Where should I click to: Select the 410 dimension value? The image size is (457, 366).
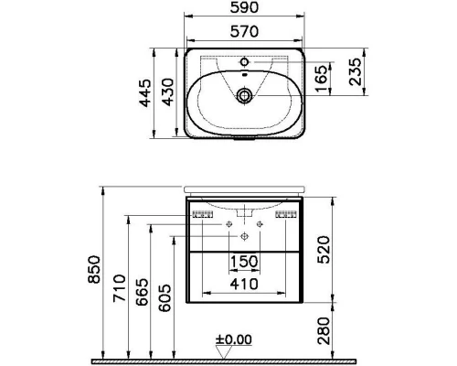242,285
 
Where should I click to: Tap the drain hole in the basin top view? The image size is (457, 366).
244,94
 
